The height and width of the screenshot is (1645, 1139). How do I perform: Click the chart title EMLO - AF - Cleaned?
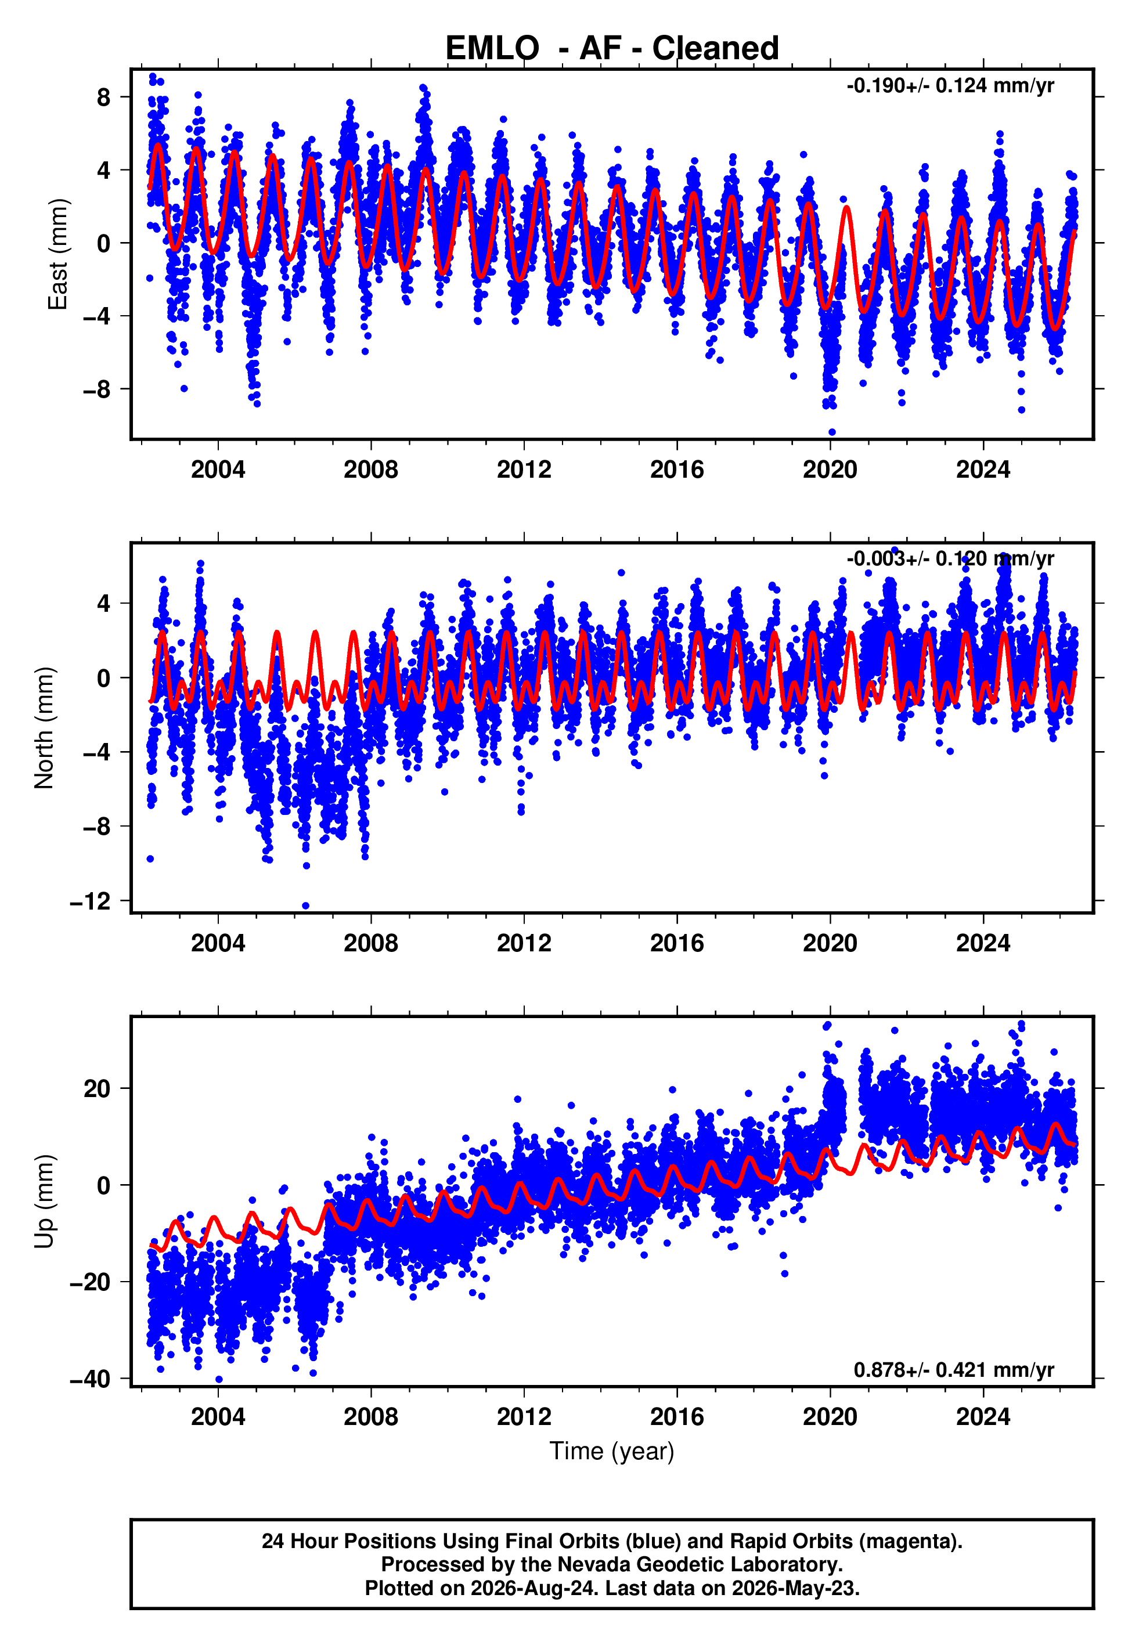612,49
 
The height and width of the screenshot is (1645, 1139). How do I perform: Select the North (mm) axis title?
44,728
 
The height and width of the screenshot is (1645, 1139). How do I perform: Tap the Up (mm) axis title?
44,1202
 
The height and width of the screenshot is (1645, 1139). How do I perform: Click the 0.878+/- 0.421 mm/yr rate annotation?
953,1370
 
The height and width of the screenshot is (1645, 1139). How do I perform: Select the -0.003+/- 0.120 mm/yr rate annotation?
950,558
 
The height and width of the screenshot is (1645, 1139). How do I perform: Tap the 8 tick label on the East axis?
104,97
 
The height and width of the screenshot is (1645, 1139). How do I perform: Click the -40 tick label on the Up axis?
90,1380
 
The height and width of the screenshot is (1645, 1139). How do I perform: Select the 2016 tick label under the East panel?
676,470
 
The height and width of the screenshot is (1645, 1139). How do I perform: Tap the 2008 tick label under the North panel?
370,943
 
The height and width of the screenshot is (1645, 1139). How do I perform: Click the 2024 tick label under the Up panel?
983,1417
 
